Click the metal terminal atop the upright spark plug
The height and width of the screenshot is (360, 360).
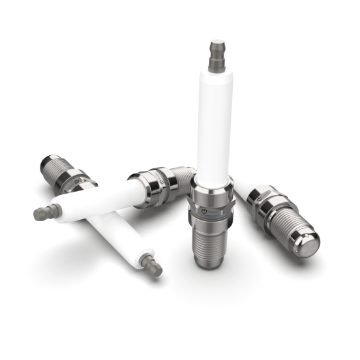tap(217, 56)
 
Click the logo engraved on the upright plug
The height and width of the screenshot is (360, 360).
tap(204, 213)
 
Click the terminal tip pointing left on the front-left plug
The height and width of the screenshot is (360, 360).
tap(43, 211)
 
